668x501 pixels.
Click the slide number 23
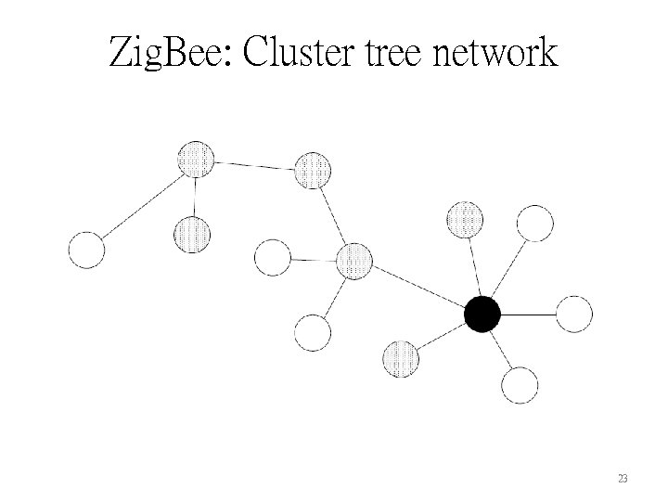623,479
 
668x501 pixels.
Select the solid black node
482,315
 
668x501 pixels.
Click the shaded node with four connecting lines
353,261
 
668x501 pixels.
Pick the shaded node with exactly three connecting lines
195,160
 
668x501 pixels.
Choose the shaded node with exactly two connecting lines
313,170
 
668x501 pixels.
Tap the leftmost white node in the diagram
87,250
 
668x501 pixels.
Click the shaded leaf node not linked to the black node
191,234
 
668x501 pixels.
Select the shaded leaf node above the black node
465,220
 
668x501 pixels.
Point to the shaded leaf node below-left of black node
401,358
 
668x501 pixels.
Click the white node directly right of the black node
573,315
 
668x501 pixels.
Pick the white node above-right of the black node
534,224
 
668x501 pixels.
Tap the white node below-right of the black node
520,385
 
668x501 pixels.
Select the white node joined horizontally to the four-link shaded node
273,257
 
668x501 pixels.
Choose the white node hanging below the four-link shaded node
313,332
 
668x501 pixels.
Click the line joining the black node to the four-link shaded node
418,289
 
